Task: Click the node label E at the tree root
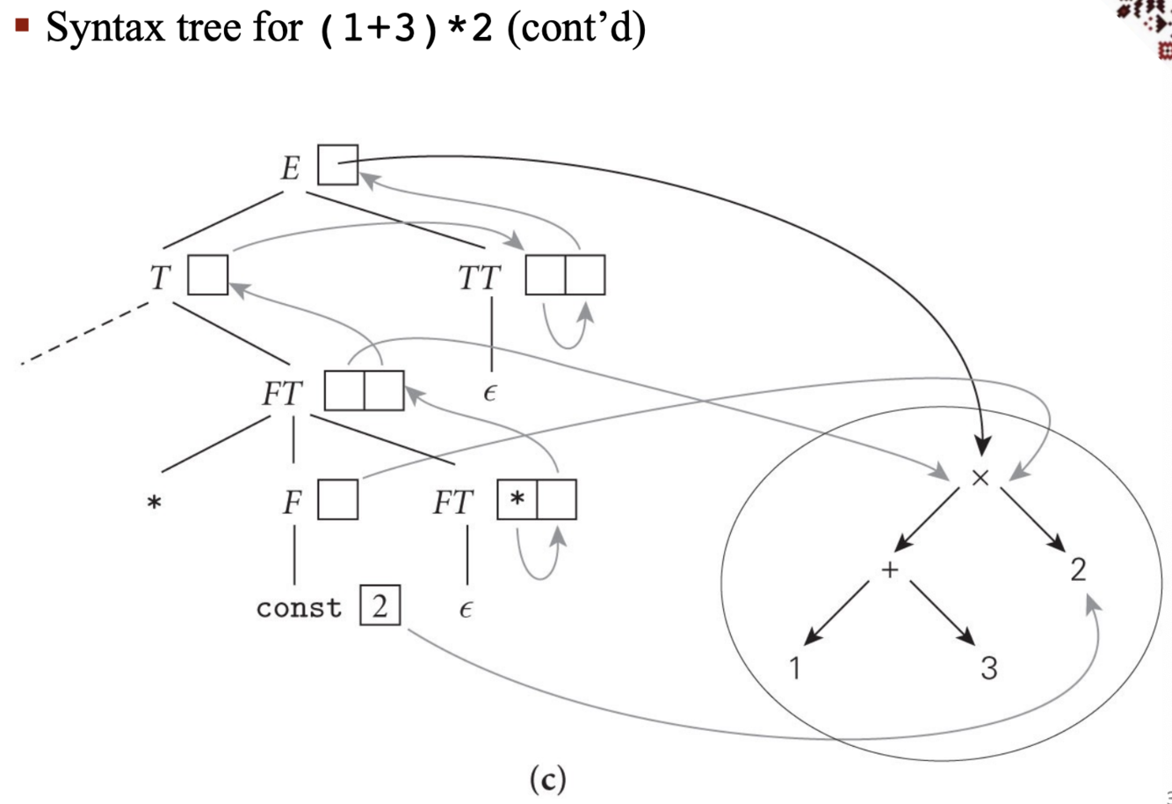coord(291,167)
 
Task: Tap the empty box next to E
coord(337,164)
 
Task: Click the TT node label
coord(480,279)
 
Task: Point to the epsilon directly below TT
coord(489,393)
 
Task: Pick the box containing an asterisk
coord(517,500)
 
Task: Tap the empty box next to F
coord(337,500)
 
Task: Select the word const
coord(299,608)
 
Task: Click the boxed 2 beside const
coord(380,606)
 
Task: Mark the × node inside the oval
coord(980,477)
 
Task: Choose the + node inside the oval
coord(890,569)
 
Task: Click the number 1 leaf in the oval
coord(794,668)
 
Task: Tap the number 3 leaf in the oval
coord(988,668)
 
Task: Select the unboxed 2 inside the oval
coord(1078,569)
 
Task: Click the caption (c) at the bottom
coord(547,779)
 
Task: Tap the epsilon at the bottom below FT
coord(466,609)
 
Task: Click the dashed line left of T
coord(83,335)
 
